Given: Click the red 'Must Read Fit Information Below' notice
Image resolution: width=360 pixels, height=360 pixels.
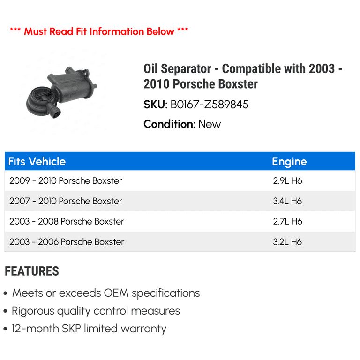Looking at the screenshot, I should click(x=99, y=32).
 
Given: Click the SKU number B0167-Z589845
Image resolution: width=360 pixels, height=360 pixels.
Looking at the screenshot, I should click(x=209, y=105).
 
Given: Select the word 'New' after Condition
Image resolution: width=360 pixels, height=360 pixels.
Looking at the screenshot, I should click(x=210, y=124).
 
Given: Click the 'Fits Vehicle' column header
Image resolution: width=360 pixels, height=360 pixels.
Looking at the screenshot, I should click(x=37, y=162).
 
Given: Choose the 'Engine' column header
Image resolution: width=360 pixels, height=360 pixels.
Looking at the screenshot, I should click(x=289, y=162).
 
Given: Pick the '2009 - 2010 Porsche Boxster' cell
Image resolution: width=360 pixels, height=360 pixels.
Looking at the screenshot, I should click(x=66, y=181).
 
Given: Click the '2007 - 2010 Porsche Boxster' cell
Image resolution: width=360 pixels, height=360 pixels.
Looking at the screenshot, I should click(x=66, y=201).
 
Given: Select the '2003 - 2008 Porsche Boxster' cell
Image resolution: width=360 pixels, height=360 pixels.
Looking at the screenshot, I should click(x=67, y=221).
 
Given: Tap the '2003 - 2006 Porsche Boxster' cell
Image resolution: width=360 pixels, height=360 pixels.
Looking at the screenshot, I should click(x=67, y=242).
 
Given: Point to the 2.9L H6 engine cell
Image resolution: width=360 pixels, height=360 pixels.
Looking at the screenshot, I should click(x=287, y=181).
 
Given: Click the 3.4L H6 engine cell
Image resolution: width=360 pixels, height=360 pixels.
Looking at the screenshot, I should click(x=287, y=201).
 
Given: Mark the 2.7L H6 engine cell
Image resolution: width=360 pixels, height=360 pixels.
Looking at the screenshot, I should click(x=287, y=221).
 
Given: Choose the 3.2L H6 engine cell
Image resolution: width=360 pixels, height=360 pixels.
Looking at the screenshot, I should click(x=287, y=242).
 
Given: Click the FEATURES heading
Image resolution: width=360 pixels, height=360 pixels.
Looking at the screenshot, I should click(x=32, y=271).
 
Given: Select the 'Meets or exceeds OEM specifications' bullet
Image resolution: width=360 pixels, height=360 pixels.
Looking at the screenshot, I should click(x=106, y=293).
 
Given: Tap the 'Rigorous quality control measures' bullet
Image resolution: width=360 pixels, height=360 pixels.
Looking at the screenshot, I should click(x=96, y=311).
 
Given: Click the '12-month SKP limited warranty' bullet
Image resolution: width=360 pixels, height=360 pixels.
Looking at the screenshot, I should click(x=89, y=329).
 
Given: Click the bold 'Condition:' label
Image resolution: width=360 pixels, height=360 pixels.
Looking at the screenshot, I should click(x=169, y=124).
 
